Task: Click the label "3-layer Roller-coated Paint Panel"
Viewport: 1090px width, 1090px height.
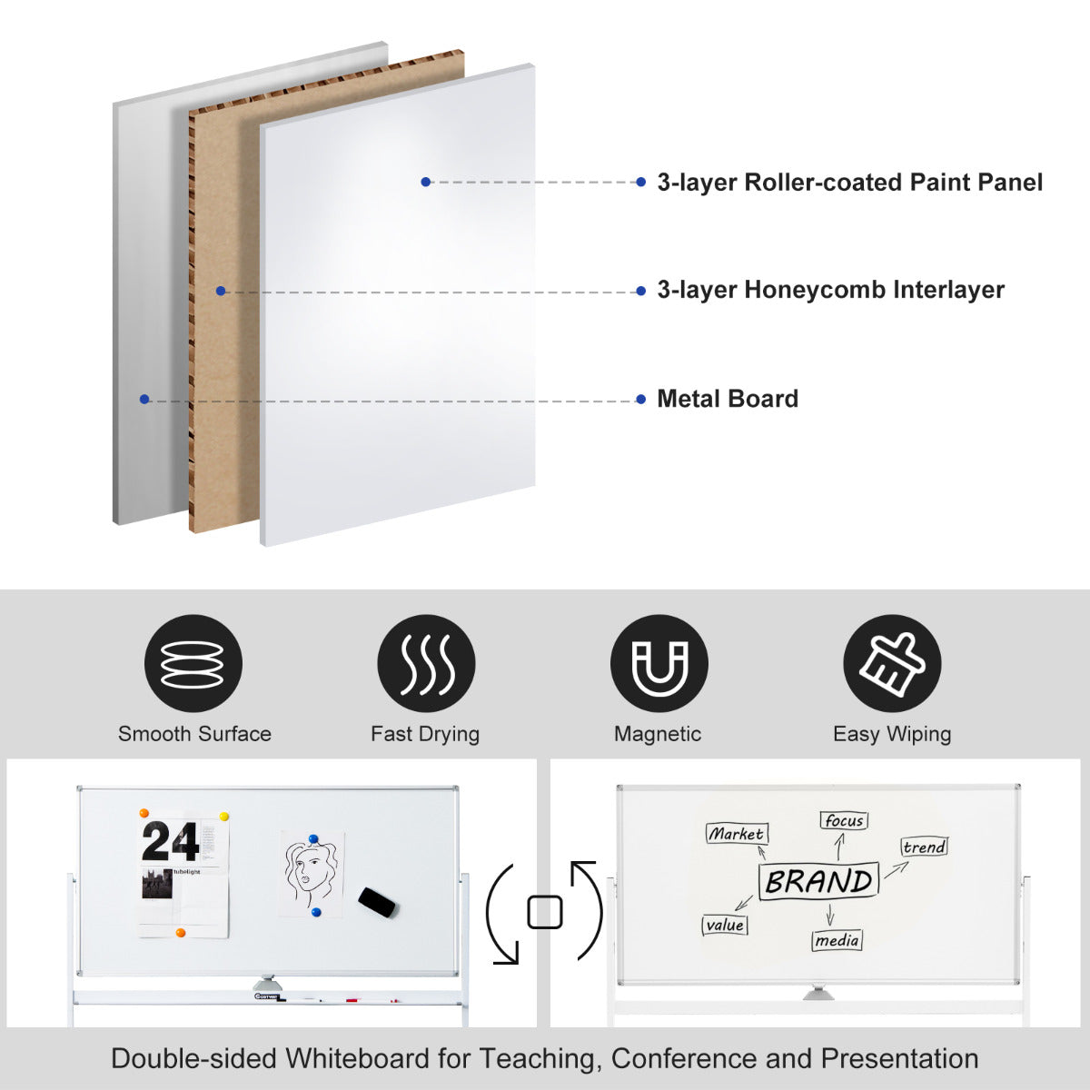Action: pyautogui.click(x=849, y=183)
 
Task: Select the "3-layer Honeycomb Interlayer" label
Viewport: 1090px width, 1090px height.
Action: pyautogui.click(x=830, y=291)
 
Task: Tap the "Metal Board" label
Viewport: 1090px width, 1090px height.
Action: pyautogui.click(x=728, y=399)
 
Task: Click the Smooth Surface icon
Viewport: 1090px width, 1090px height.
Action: pyautogui.click(x=193, y=663)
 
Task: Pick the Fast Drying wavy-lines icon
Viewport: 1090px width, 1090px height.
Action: pyautogui.click(x=426, y=663)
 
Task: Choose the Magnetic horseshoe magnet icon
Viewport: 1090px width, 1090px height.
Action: pyautogui.click(x=659, y=663)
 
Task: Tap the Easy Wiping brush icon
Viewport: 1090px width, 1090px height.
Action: pyautogui.click(x=892, y=663)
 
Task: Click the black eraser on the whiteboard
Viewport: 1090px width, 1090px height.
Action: pyautogui.click(x=378, y=901)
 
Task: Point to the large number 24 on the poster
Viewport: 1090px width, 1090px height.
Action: pyautogui.click(x=170, y=842)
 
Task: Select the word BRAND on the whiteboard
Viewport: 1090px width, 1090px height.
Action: pyautogui.click(x=818, y=881)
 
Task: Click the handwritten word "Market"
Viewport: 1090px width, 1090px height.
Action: pyautogui.click(x=737, y=833)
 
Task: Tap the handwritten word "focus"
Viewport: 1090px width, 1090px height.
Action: pyautogui.click(x=844, y=821)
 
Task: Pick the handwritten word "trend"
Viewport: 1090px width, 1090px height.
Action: pyautogui.click(x=924, y=847)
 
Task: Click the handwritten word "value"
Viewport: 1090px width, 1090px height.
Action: pyautogui.click(x=725, y=925)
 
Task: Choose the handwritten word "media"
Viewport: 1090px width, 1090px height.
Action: pyautogui.click(x=837, y=940)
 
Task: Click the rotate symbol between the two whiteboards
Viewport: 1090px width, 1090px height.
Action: pyautogui.click(x=545, y=912)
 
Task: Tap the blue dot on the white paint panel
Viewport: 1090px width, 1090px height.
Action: pyautogui.click(x=425, y=182)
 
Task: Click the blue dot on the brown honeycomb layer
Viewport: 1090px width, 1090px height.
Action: pyautogui.click(x=220, y=291)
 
